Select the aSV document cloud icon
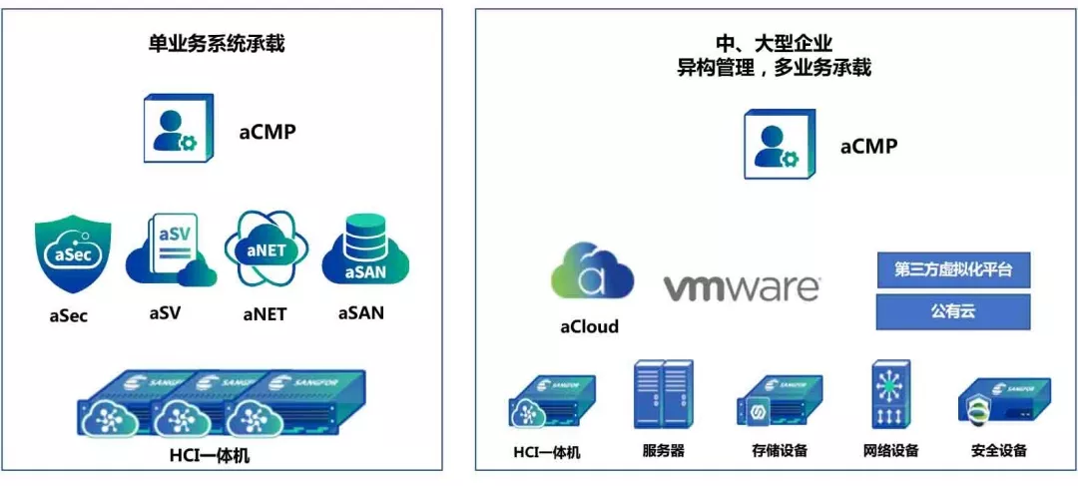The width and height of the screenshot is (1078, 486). [170, 252]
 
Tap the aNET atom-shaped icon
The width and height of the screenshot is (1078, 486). [265, 249]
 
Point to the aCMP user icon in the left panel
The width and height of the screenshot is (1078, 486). [177, 130]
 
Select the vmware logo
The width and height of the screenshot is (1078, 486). [742, 288]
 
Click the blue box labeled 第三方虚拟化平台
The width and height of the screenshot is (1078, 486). [952, 269]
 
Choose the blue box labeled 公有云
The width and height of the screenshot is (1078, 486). [952, 311]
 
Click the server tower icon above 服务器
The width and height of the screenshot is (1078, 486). [662, 396]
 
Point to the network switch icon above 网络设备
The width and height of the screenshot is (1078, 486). [889, 396]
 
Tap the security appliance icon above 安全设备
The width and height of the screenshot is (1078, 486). [1002, 401]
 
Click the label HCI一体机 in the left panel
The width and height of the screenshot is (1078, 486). [221, 456]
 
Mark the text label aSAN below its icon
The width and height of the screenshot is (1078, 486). [360, 313]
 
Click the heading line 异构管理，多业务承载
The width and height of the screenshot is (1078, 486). [774, 68]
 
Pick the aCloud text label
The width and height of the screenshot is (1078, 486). [589, 326]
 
